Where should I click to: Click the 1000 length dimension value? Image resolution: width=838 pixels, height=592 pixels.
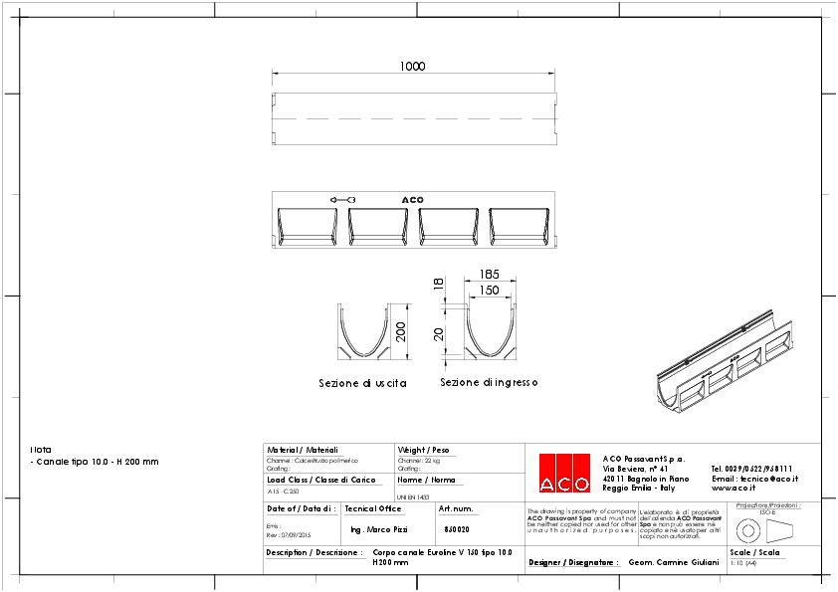[x=412, y=67]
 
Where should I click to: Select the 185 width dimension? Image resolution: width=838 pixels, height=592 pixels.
[x=488, y=274]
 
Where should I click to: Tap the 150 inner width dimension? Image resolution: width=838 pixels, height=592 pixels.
[x=488, y=290]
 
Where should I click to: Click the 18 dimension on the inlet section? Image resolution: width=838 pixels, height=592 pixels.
[x=438, y=285]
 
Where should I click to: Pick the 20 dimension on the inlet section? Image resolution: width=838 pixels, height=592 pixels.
[x=438, y=333]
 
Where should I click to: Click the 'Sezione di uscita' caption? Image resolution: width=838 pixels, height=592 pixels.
[x=362, y=383]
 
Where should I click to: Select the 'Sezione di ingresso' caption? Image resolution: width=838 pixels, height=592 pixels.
[x=489, y=382]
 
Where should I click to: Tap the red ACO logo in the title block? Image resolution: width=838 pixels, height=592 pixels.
[x=563, y=474]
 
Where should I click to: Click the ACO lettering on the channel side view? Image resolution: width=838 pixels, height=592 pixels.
[x=412, y=200]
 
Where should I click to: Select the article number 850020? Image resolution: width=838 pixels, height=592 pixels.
[x=457, y=529]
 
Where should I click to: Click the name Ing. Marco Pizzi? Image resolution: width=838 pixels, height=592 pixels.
[x=379, y=529]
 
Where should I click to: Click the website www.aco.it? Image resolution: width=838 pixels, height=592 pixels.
[x=733, y=489]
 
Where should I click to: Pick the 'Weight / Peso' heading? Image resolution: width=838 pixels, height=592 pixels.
[x=424, y=450]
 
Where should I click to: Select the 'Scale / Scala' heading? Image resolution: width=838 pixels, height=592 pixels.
[x=754, y=552]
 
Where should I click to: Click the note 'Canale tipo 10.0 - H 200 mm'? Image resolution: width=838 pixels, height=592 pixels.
[x=97, y=462]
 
